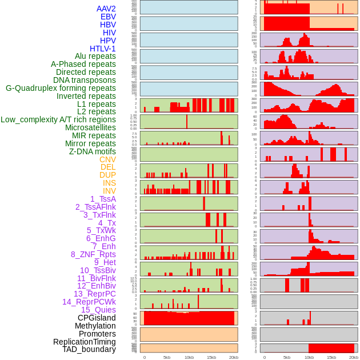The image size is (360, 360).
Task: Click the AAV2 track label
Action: coord(106,9)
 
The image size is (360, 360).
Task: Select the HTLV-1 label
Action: coord(103,49)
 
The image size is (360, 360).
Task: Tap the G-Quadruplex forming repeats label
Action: coord(61,88)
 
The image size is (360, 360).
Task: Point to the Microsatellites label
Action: coord(90,127)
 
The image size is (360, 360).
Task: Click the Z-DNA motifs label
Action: coord(93,151)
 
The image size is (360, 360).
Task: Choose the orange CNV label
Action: coord(107,159)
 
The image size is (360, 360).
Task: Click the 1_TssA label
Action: coord(103,199)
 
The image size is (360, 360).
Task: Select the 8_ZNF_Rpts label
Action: coord(93,254)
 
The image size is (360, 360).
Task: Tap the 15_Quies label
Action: coord(98,310)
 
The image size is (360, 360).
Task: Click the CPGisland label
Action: coord(97,318)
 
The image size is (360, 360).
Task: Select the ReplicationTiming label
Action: coord(85,342)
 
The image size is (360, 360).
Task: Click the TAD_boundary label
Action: coord(89,349)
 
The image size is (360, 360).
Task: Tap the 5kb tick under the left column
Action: coord(167,357)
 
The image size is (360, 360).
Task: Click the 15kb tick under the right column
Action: coord(331,357)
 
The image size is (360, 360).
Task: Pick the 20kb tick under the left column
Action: coord(234,357)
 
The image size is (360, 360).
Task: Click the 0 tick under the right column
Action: coord(264,357)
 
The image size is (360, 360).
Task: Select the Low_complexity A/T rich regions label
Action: coord(58,119)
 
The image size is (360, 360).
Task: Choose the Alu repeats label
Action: coord(95,56)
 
